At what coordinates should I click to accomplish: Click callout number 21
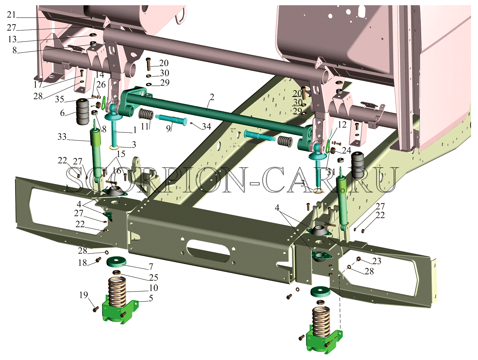point(11,15)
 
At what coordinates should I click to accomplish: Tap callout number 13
point(12,39)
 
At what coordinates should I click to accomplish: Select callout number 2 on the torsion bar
point(212,97)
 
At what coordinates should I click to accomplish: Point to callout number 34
point(206,126)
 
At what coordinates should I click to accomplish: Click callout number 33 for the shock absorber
point(62,137)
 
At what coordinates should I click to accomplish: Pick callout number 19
point(84,295)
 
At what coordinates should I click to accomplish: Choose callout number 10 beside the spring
point(153,288)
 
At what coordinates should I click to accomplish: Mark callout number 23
point(377,261)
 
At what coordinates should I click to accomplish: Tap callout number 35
point(59,99)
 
